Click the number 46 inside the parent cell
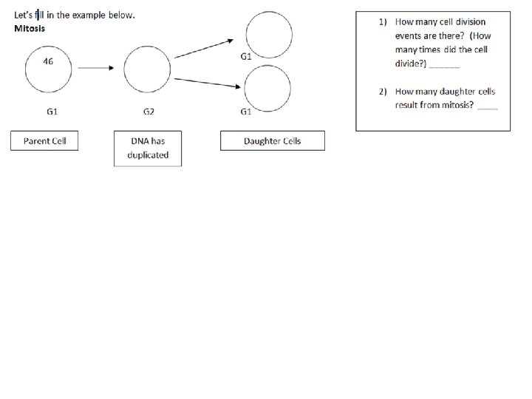coord(47,61)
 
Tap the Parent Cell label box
coord(44,140)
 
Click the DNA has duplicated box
coord(148,148)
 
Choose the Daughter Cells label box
coord(272,140)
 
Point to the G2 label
coord(148,112)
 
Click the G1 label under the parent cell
coord(52,112)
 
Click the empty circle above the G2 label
coord(148,69)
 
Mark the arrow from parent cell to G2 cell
coord(95,68)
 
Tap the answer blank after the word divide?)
coord(444,65)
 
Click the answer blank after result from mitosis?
coord(488,106)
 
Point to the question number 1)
coord(383,22)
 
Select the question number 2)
coord(383,92)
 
